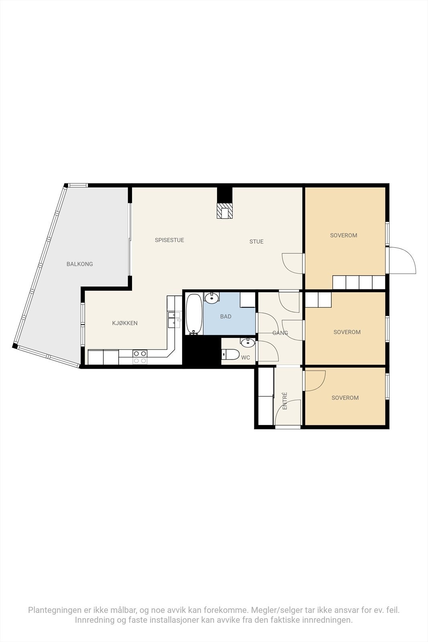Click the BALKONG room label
pos(79,264)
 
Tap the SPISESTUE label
pos(169,240)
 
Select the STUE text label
pos(256,242)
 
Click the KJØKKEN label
pos(125,323)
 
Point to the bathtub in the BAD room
pos(194,314)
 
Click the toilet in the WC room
pos(231,355)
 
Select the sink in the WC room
pos(247,342)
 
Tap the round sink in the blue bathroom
pos(211,298)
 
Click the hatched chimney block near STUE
pos(225,211)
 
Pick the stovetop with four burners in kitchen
pos(140,357)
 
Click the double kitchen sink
pos(174,318)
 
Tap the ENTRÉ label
pos(285,400)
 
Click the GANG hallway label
pos(280,333)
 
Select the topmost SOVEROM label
pos(343,236)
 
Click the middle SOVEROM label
pos(347,332)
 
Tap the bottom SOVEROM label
pos(345,398)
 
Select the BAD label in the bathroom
pos(226,317)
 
